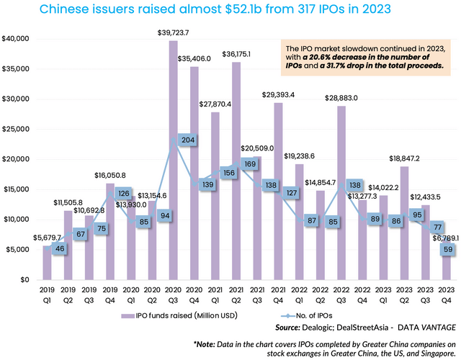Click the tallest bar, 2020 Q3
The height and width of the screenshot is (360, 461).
(x=173, y=160)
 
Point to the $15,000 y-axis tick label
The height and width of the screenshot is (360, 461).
(x=16, y=189)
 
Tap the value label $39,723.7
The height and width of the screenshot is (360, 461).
(x=174, y=34)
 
